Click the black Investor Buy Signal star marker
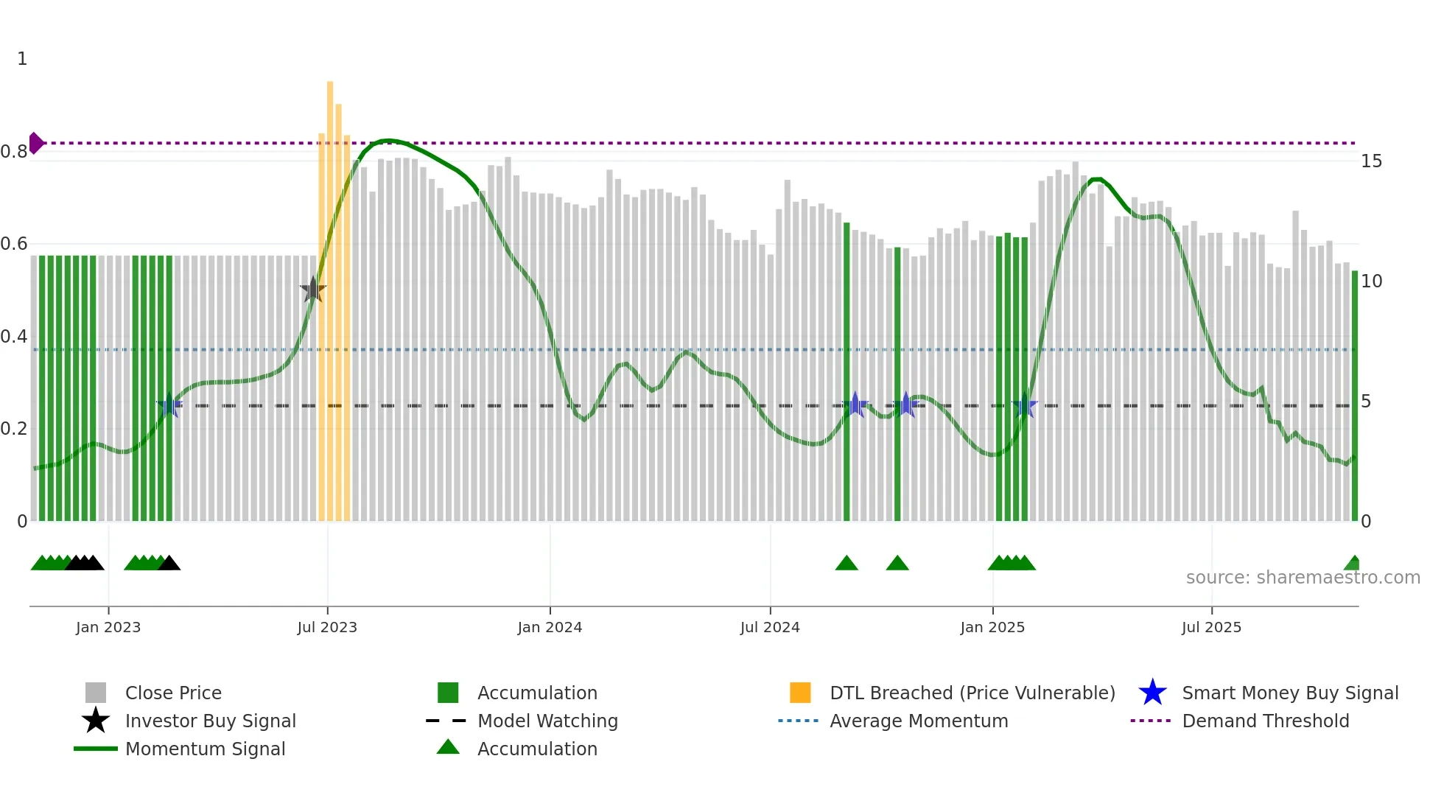pos(313,290)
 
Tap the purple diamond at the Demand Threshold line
pos(35,143)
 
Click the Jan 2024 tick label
pos(550,628)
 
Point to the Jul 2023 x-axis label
pos(327,628)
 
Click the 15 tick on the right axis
pos(1371,161)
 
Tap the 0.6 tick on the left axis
pos(14,244)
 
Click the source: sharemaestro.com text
pos(1303,578)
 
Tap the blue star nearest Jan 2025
pos(1025,405)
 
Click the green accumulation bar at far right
pos(1354,398)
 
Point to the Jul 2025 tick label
pos(1211,628)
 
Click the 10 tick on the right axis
pos(1371,281)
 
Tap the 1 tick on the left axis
pos(22,59)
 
